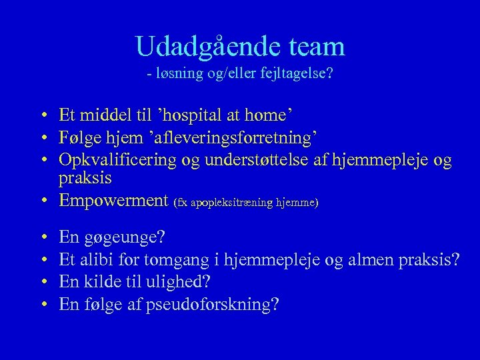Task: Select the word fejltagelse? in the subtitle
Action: pos(299,73)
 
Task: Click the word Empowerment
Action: pos(113,201)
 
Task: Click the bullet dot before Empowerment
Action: pos(42,201)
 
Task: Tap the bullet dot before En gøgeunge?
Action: pos(42,238)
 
